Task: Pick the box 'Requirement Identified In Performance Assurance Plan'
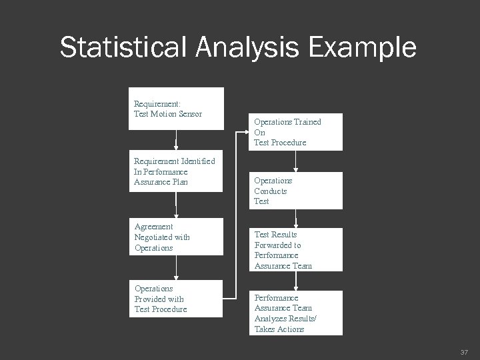click(176, 172)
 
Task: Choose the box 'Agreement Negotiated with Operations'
click(176, 237)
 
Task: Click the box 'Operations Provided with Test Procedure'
click(176, 299)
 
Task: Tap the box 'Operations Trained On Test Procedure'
click(297, 132)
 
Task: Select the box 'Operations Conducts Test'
click(297, 191)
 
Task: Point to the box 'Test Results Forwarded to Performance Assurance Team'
click(297, 250)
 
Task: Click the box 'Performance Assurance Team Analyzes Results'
click(297, 313)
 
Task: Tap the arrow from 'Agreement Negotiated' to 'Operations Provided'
click(176, 267)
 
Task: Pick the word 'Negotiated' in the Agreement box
click(153, 237)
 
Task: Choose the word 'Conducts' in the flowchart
click(270, 191)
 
